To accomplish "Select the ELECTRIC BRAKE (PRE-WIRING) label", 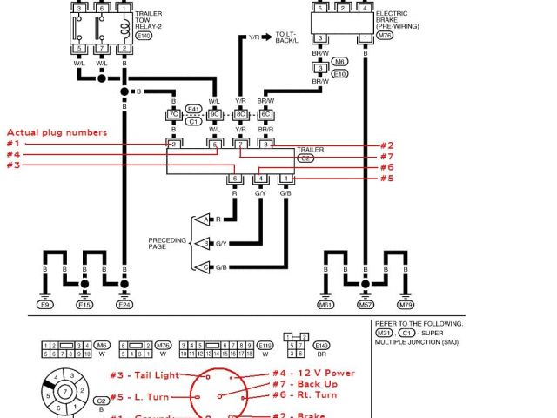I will click(396, 20).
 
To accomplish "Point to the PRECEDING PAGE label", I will click(167, 243).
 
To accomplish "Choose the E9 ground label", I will click(45, 305).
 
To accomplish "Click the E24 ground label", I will click(124, 305).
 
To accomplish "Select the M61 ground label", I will click(326, 305).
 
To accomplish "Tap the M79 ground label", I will click(406, 305).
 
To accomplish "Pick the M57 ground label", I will click(366, 305).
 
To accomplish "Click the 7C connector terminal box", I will click(174, 114).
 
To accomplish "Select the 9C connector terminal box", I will click(214, 114).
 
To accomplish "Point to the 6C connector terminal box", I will click(266, 114).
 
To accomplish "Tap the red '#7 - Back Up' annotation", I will click(305, 384).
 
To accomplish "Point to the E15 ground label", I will click(84, 305).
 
